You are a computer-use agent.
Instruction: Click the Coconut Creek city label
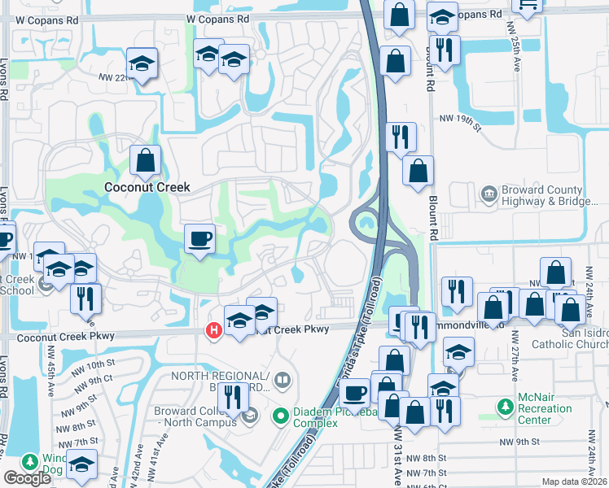[x=147, y=187]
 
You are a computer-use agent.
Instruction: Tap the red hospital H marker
[x=214, y=330]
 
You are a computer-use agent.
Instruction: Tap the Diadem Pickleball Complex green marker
[x=281, y=416]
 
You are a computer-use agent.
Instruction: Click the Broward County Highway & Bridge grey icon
[x=489, y=194]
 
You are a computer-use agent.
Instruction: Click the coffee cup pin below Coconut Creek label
[x=199, y=238]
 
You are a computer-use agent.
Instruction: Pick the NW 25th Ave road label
[x=516, y=53]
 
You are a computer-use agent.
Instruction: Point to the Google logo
[x=28, y=478]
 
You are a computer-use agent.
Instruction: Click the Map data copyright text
[x=574, y=481]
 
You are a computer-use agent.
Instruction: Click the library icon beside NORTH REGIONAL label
[x=282, y=380]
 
